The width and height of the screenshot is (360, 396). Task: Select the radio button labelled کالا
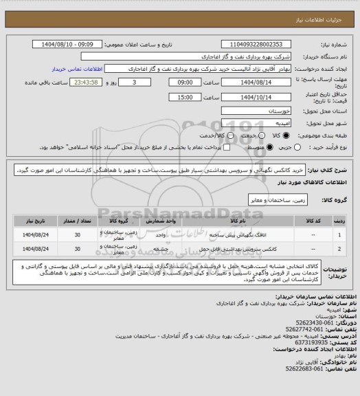284,135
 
